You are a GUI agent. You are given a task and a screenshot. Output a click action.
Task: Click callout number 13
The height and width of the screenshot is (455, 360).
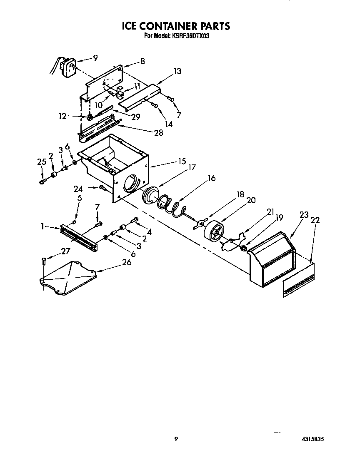pos(177,71)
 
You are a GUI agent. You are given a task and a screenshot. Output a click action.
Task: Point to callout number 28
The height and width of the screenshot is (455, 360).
pos(158,133)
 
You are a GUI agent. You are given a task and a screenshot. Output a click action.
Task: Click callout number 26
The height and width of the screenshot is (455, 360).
pos(126,262)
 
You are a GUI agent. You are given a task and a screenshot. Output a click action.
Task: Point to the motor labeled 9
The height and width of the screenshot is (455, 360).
pos(67,67)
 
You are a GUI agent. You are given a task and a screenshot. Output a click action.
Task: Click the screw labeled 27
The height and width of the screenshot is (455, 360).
pos(44,261)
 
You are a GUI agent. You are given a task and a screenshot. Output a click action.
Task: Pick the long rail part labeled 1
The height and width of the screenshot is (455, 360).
pos(79,237)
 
